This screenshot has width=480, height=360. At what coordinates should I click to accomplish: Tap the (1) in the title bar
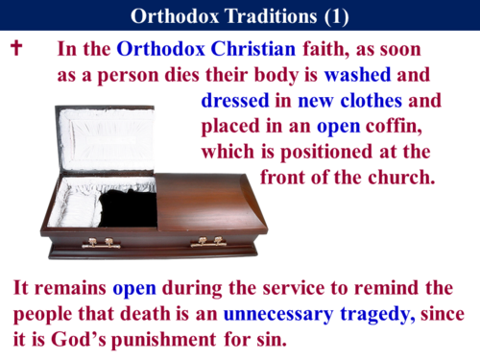(332, 15)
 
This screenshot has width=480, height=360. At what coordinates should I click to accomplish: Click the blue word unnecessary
(282, 313)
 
